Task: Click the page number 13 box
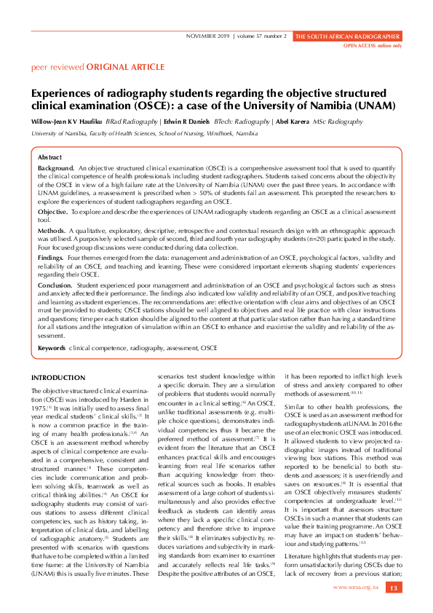click(x=393, y=588)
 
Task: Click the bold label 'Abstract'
click(x=49, y=157)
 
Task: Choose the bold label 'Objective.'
click(x=52, y=210)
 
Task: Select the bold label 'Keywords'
click(x=52, y=348)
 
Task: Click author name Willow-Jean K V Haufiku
click(x=67, y=122)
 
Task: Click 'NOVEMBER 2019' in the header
click(x=207, y=36)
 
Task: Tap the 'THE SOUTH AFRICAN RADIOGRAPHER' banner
click(x=346, y=36)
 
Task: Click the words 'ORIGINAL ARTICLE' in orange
click(x=125, y=67)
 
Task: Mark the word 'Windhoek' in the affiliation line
click(x=218, y=134)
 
